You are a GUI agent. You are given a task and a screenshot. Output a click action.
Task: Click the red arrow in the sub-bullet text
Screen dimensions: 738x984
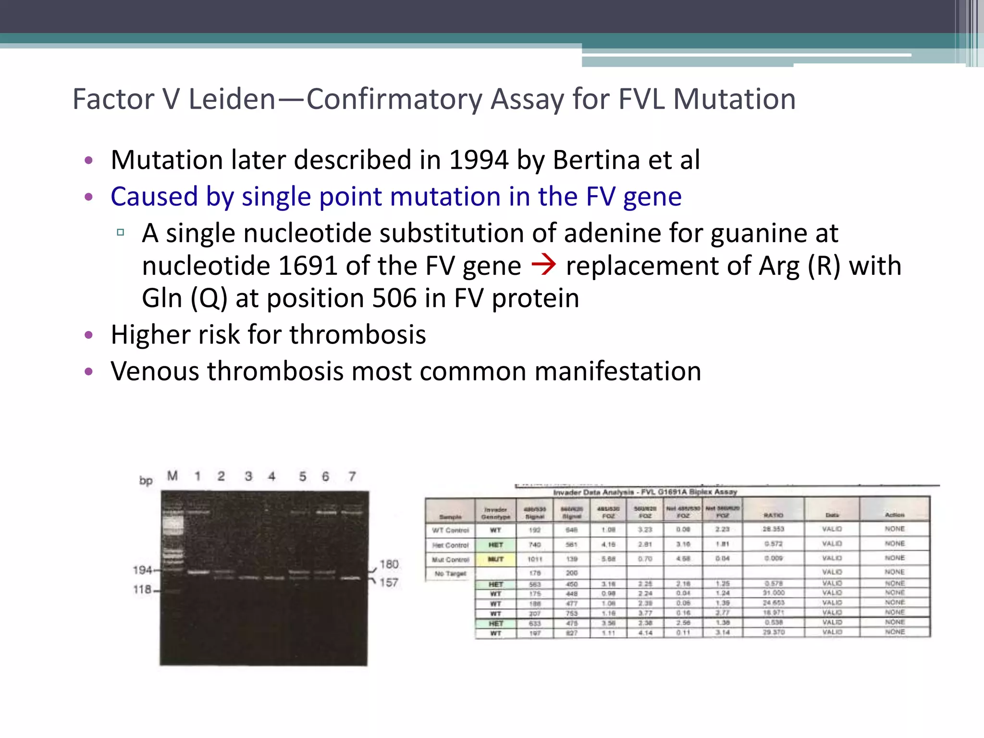coord(544,265)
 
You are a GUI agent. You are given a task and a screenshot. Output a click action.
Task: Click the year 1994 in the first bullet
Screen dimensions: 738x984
coord(479,160)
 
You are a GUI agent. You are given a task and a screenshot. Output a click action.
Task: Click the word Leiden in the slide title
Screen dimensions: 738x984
coord(232,99)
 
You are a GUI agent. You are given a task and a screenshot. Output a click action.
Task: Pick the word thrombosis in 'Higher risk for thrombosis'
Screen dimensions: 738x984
coord(357,335)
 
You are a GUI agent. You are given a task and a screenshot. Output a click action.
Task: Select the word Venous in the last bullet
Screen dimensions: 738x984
coord(155,371)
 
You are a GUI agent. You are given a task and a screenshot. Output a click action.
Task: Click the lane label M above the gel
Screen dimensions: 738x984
coord(172,476)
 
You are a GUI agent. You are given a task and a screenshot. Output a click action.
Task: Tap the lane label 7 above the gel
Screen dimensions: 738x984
coord(352,476)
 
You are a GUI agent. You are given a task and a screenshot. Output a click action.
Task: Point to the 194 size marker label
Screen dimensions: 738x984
coord(142,570)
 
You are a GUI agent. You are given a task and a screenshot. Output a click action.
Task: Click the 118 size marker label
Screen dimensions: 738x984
coord(142,590)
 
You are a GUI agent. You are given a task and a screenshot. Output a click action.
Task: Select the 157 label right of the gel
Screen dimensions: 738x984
coord(389,583)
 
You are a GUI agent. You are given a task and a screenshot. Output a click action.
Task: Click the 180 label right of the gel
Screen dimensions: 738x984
coord(389,564)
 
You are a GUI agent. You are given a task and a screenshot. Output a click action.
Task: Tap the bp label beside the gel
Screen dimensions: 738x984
coord(146,480)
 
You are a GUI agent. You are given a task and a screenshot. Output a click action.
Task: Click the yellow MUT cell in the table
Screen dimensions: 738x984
coord(495,559)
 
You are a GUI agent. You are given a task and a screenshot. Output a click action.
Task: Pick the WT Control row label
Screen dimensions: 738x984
coord(450,530)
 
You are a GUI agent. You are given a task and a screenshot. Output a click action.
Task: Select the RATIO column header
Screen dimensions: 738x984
coord(774,515)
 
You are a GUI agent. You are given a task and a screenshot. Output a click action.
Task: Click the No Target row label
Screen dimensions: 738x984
coord(450,574)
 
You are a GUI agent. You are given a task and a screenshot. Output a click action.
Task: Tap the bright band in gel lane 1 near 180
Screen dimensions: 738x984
coord(198,572)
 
